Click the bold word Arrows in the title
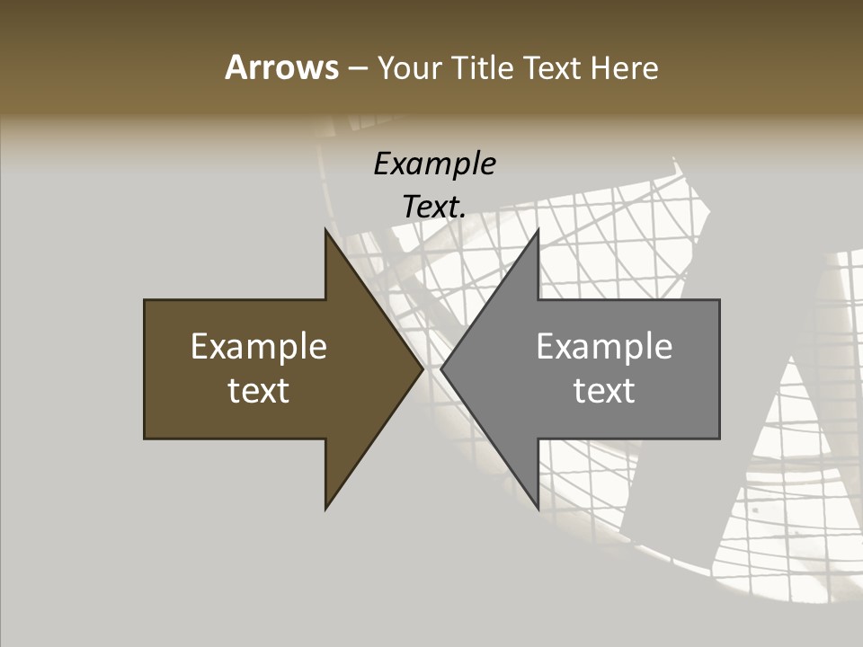tap(281, 67)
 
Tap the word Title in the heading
tap(482, 67)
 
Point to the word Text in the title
tap(553, 67)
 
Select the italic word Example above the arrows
tap(434, 164)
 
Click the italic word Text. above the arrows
tap(434, 207)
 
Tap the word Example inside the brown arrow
tap(259, 347)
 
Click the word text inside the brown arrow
tap(259, 391)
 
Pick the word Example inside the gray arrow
tap(604, 347)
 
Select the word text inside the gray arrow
tap(604, 391)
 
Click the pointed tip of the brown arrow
tap(423, 369)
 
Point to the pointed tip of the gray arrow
tap(441, 369)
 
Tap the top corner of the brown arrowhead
tap(325, 230)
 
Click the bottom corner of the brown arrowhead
tap(325, 509)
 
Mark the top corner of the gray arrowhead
tap(538, 230)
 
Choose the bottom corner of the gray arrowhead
tap(538, 509)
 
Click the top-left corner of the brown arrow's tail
tap(145, 300)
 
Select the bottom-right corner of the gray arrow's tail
tap(719, 439)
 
